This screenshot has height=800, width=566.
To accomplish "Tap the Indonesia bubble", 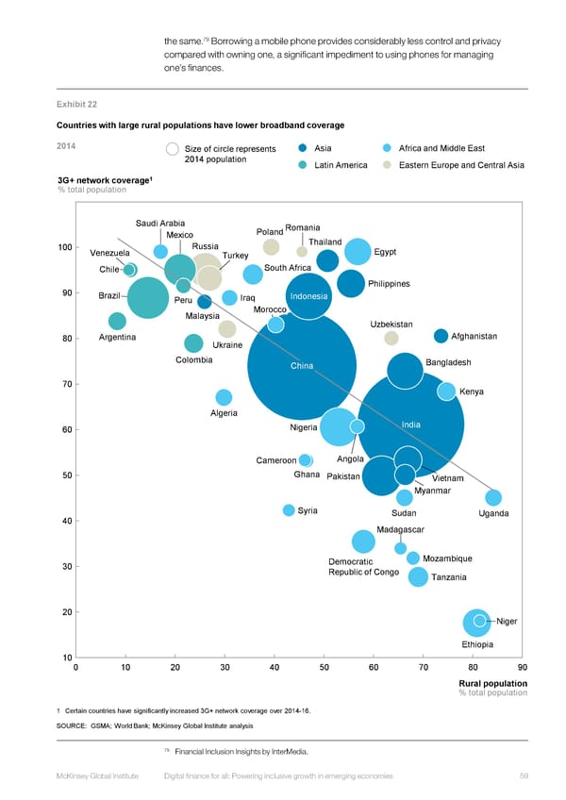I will click(x=308, y=295).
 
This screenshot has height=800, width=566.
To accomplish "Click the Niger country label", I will click(x=507, y=621).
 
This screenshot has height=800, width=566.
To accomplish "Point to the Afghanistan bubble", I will click(x=441, y=336).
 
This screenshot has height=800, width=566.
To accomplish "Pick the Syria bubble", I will click(x=289, y=510).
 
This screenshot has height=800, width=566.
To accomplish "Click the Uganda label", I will click(x=493, y=513).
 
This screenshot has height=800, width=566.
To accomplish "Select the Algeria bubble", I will click(x=224, y=398).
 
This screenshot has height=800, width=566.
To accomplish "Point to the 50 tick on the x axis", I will click(x=325, y=669).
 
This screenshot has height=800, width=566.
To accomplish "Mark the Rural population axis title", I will click(x=492, y=683).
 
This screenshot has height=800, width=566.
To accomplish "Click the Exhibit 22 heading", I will click(x=77, y=104).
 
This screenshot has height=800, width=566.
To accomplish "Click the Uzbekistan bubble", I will click(x=391, y=339).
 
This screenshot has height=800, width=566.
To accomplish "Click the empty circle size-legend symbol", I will click(x=173, y=149).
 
